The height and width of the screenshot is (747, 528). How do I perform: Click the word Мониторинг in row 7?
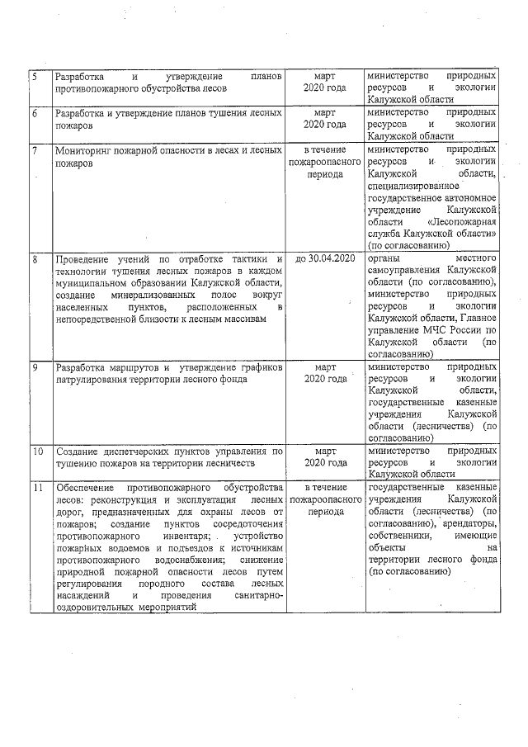click(86, 151)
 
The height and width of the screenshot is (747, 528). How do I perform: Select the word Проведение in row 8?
click(86, 259)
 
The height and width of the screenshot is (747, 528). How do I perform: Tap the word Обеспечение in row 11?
click(88, 489)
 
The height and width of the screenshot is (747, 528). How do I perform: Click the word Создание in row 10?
click(78, 452)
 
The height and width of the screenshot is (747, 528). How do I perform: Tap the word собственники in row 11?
click(401, 536)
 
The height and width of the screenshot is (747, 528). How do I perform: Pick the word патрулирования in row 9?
click(93, 378)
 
